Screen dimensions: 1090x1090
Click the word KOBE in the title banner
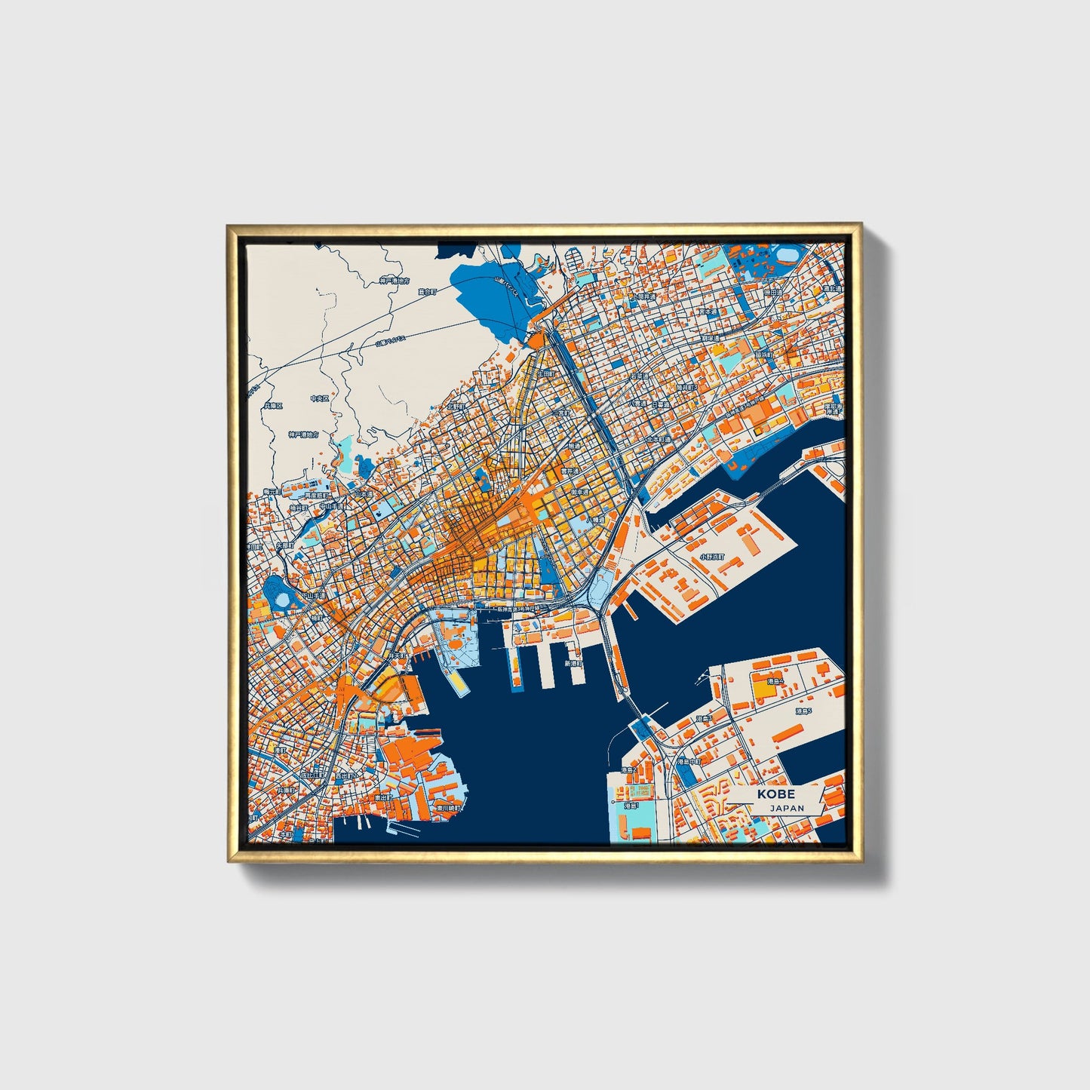tap(776, 794)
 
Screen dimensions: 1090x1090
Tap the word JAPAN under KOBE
tap(787, 808)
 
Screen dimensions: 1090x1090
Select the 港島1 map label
tap(632, 806)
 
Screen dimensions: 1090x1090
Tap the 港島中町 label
tap(689, 762)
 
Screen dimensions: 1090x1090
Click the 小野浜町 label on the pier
tap(711, 556)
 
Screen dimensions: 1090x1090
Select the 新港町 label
tap(575, 664)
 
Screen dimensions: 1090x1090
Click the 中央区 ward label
tap(319, 398)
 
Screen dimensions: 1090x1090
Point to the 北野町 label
tap(456, 406)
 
